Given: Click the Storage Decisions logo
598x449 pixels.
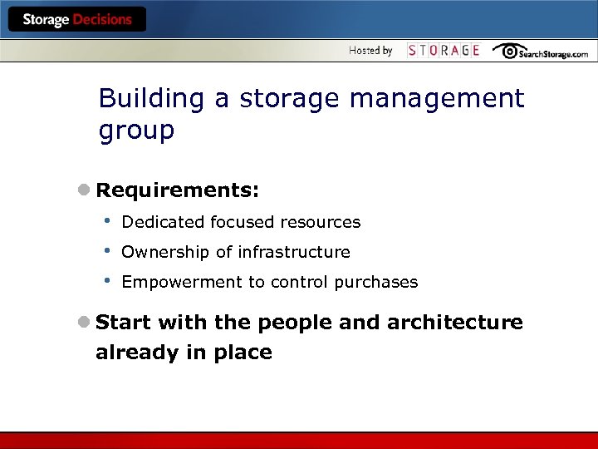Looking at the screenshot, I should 76,20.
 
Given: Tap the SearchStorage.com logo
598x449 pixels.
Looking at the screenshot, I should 540,52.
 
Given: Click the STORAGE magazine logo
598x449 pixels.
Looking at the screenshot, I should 444,51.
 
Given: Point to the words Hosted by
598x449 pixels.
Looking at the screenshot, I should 370,51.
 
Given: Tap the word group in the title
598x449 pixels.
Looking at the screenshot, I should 136,131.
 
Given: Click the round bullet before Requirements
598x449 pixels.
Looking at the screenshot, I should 84,191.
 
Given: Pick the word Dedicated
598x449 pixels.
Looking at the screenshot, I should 164,222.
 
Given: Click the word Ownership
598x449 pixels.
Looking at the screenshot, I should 163,252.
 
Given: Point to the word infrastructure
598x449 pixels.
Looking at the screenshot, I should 294,252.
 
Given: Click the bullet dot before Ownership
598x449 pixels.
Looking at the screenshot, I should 106,250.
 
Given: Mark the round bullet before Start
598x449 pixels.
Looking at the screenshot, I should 84,323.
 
